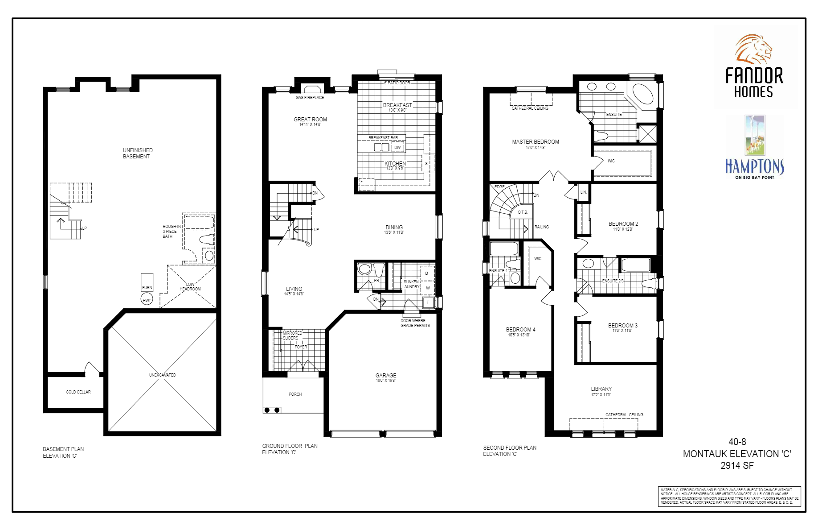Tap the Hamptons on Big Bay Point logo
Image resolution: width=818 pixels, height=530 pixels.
[755, 147]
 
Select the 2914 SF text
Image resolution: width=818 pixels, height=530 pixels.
[737, 466]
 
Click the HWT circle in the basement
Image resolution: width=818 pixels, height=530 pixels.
[147, 300]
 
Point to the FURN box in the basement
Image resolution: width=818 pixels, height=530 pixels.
[147, 282]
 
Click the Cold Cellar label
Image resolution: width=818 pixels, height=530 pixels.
[78, 392]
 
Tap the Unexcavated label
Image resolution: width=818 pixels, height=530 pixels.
[162, 375]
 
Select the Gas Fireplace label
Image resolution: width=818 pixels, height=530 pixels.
[310, 97]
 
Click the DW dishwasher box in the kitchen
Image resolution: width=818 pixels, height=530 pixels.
[397, 147]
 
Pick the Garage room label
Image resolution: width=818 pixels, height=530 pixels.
[386, 376]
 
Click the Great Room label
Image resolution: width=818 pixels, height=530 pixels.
[310, 120]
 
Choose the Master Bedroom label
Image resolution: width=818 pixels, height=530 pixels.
[535, 142]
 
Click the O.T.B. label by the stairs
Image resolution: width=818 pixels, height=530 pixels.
[523, 212]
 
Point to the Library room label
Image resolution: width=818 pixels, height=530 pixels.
[601, 389]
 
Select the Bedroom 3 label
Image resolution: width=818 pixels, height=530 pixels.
[622, 326]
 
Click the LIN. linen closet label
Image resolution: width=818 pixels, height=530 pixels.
[583, 192]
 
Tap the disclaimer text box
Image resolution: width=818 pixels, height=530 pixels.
[729, 496]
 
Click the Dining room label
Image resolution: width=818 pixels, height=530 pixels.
[394, 228]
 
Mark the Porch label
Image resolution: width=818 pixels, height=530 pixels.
[295, 394]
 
